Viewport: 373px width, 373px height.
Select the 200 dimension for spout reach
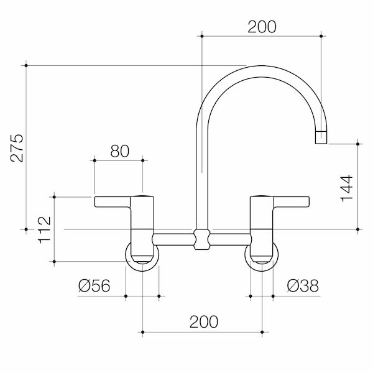tap(260, 26)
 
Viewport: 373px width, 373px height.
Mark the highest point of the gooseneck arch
tap(261, 68)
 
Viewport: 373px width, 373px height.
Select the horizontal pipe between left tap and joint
tap(174, 239)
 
